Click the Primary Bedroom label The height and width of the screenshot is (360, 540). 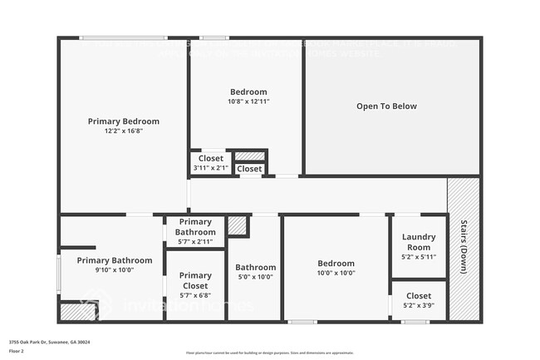pos(123,121)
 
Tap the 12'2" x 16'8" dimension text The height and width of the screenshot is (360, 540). pos(123,131)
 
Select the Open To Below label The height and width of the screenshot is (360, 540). pos(386,106)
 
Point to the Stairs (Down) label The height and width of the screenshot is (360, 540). pos(464,245)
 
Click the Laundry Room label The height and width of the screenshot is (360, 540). pos(418,242)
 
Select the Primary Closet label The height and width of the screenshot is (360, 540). pos(195,280)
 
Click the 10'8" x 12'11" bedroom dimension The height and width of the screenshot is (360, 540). pos(248,101)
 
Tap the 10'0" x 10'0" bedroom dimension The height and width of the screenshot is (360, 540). pos(336,274)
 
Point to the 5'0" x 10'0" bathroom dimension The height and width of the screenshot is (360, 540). pos(255,278)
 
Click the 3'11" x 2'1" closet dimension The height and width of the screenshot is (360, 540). pos(211,168)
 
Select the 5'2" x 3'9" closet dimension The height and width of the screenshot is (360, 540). pos(419,305)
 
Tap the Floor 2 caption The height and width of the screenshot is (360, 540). pos(17,351)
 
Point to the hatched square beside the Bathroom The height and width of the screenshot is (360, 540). pos(238,225)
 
